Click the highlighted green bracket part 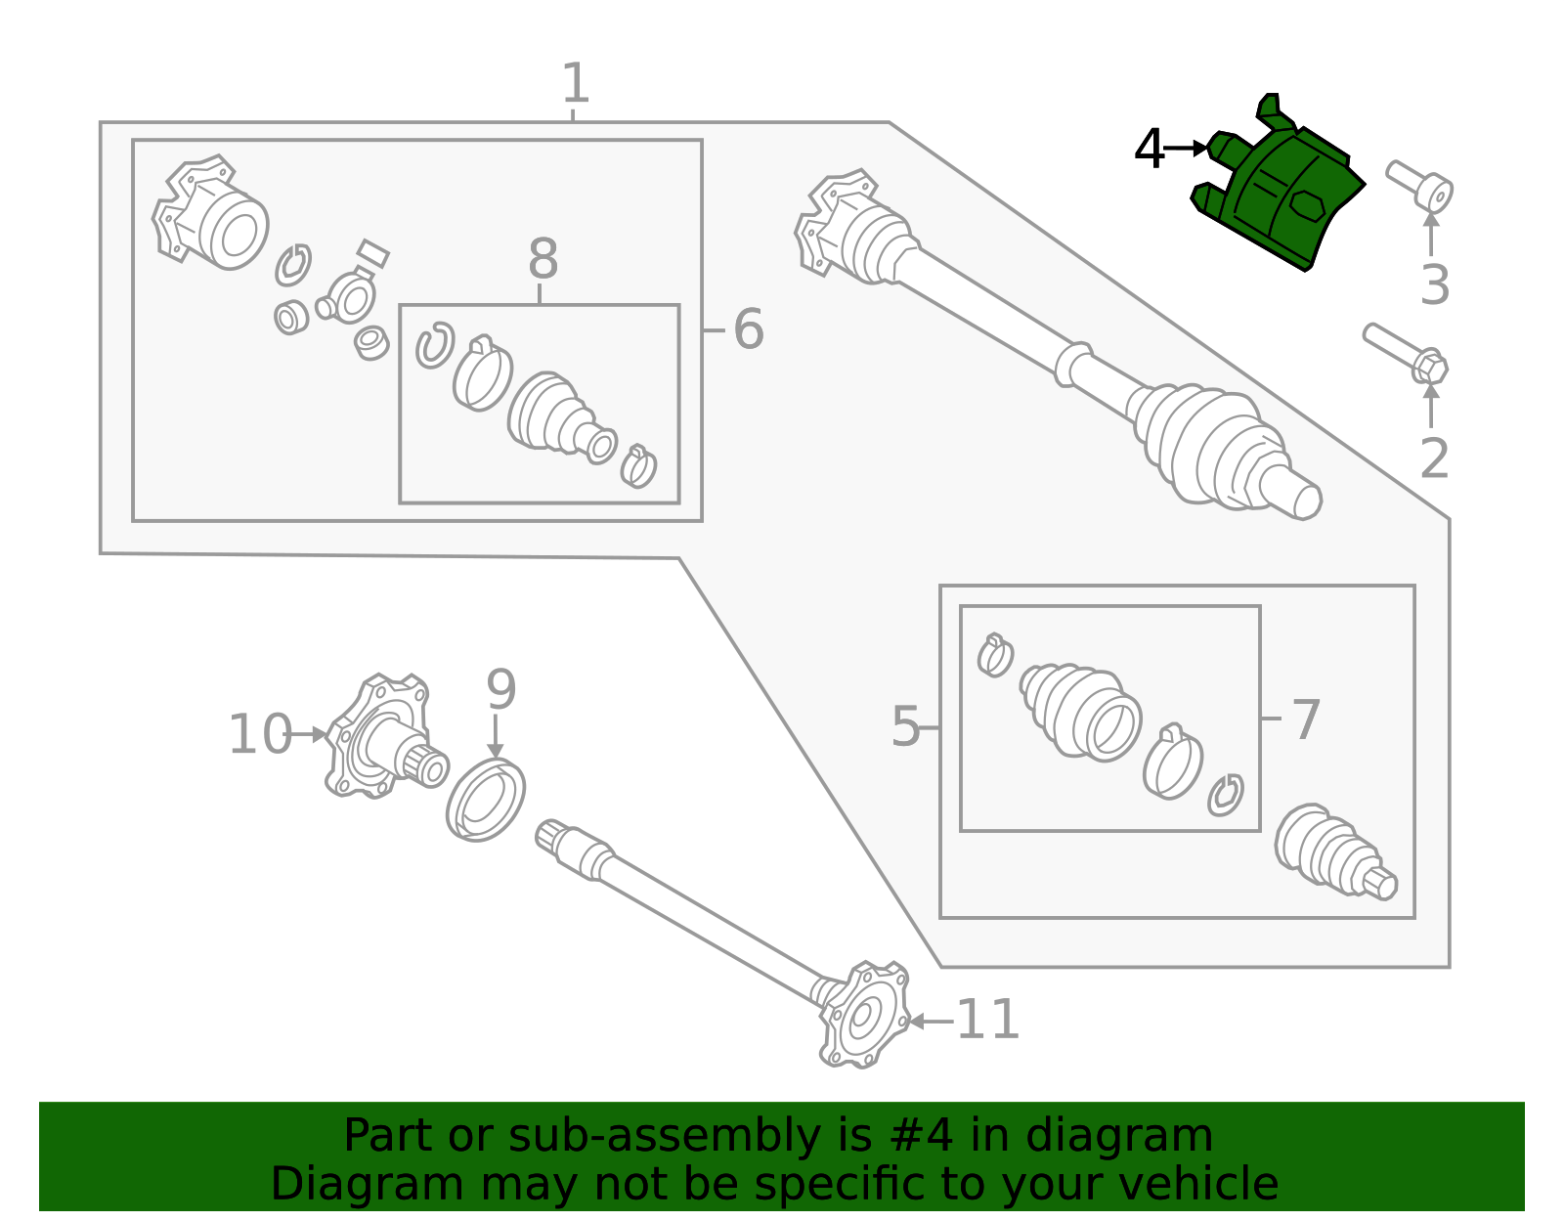(x=1281, y=196)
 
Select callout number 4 (x=1150, y=150)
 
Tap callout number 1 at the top (x=575, y=84)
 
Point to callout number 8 (x=543, y=260)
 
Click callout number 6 (x=748, y=329)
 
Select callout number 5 (x=905, y=727)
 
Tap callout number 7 (x=1306, y=720)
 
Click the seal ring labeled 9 (x=486, y=799)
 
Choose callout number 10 (x=259, y=735)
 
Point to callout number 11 (x=987, y=1021)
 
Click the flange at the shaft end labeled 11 (x=863, y=1017)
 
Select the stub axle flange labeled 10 (x=381, y=737)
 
